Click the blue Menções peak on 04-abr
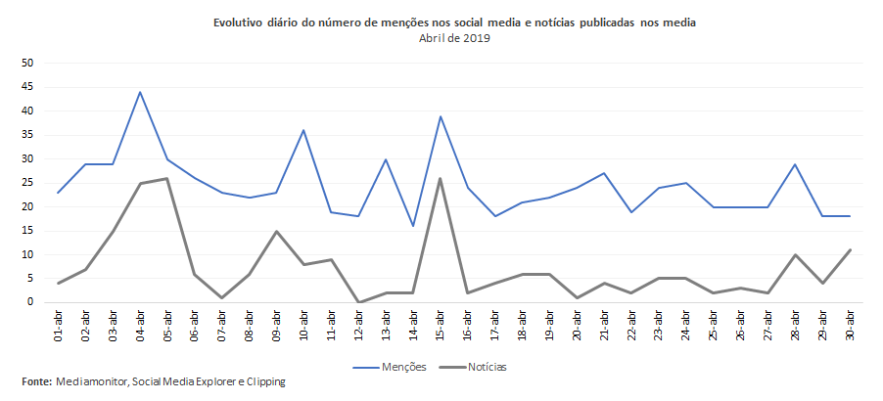coord(140,92)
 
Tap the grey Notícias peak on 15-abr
coord(441,178)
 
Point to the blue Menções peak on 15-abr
coord(441,115)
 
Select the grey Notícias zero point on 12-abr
coord(358,302)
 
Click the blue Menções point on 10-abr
coord(303,130)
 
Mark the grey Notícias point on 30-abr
coord(850,249)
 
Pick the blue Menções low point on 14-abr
coord(413,226)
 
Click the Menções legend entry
coord(396,368)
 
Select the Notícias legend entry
coord(482,368)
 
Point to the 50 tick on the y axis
coord(27,63)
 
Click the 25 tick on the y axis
coord(27,183)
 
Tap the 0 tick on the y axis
coord(30,302)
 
